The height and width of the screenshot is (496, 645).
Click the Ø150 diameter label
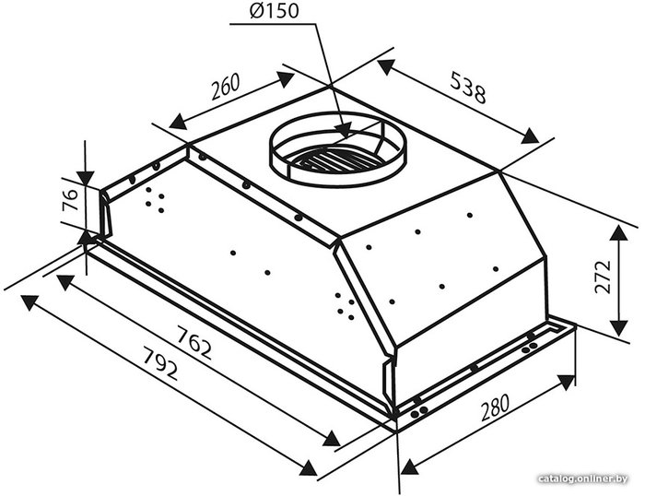pos(274,11)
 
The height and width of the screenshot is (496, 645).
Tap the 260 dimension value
pos(225,87)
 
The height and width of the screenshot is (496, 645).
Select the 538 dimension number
pos(468,88)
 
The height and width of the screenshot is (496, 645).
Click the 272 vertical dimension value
pos(603,277)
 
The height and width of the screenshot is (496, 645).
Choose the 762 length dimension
pos(194,342)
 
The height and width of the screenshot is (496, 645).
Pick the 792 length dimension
pos(160,363)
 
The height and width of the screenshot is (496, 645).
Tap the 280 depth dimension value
pos(495,407)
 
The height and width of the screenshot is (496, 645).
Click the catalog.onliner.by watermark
pos(583,478)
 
